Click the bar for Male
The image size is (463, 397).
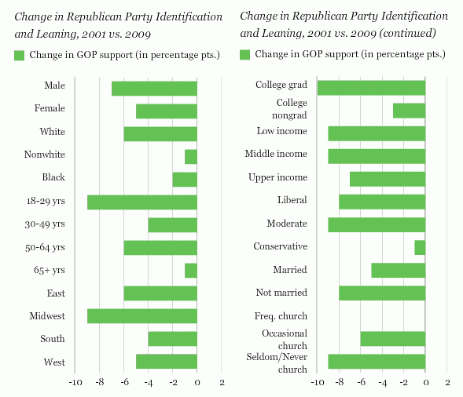pos(154,89)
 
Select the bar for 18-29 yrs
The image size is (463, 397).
pos(142,202)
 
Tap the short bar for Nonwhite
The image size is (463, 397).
pos(191,157)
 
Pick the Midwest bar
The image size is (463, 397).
pos(142,316)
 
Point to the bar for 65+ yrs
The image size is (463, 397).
pos(191,271)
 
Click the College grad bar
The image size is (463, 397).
pos(371,88)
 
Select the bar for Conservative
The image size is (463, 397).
pos(420,248)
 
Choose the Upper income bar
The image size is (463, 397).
pos(388,179)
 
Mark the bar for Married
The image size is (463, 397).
pos(399,270)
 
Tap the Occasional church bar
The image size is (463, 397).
pos(393,339)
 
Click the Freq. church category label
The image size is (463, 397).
pos(281,316)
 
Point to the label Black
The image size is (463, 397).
pos(53,177)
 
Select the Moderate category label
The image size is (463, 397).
pos(287,224)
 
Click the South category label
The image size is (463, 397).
pos(53,339)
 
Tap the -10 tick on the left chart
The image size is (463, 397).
pos(75,383)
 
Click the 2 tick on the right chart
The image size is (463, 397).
pos(447,383)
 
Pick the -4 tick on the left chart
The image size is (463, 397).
pos(149,383)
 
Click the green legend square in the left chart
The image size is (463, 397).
pos(19,56)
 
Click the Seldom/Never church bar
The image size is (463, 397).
pos(377,362)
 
